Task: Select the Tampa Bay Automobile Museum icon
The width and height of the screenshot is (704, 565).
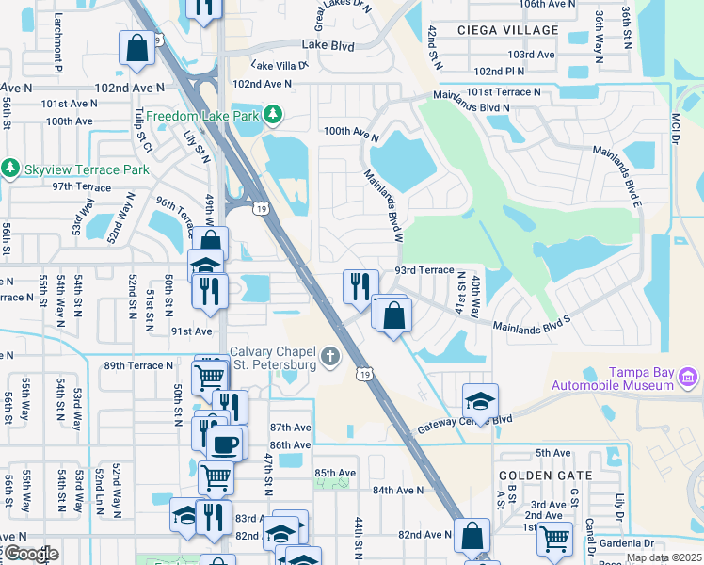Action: click(x=688, y=379)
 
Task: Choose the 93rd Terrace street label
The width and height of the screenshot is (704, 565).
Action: click(x=424, y=270)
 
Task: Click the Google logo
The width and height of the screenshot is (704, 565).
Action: click(x=31, y=554)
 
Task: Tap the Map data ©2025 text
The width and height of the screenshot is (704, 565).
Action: click(x=664, y=557)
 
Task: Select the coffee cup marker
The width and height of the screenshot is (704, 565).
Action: click(x=225, y=444)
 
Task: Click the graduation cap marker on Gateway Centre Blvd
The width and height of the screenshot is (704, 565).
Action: click(x=480, y=401)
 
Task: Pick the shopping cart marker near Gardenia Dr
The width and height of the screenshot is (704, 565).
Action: click(x=555, y=540)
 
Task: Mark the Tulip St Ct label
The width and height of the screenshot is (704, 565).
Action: click(x=143, y=130)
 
